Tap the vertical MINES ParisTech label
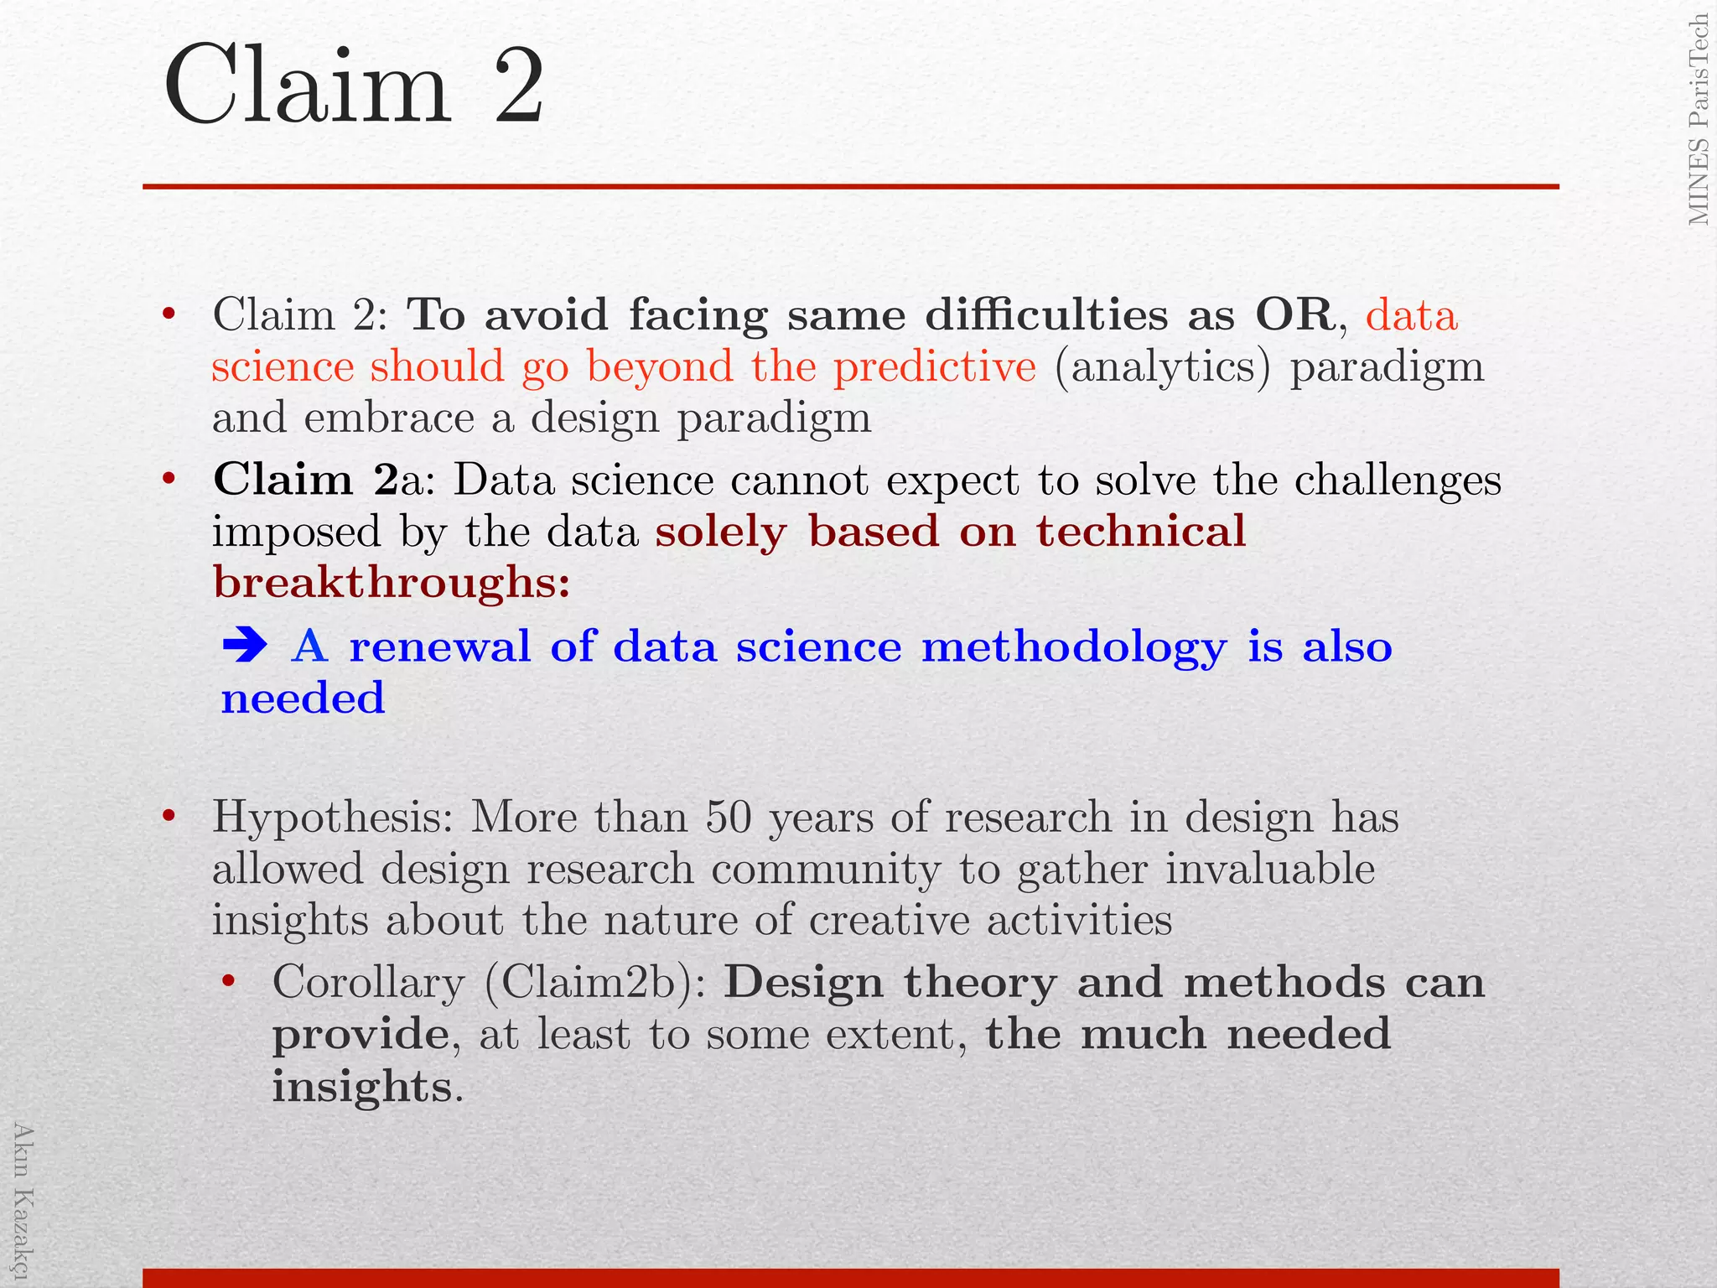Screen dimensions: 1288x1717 [1698, 120]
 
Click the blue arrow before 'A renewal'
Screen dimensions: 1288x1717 [245, 646]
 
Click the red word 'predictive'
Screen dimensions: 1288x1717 [935, 366]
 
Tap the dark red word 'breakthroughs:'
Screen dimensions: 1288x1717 [392, 581]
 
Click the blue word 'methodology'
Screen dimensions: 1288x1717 [1074, 647]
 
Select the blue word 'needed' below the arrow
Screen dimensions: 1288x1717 [303, 698]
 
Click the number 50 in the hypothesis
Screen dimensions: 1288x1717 [728, 817]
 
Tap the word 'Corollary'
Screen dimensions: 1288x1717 [368, 982]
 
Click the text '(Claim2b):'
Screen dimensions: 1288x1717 [594, 982]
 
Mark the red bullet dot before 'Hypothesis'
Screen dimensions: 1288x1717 [169, 816]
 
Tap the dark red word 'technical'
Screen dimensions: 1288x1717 [1140, 531]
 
